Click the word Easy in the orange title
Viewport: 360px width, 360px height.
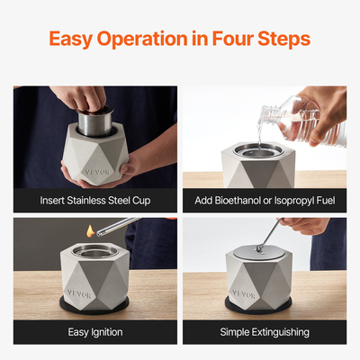click(x=73, y=40)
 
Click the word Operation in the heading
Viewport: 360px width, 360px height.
click(x=149, y=40)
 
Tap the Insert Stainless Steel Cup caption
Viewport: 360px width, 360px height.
click(x=94, y=200)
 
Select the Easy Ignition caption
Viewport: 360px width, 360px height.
click(x=94, y=332)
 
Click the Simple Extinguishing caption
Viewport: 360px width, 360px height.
click(x=265, y=332)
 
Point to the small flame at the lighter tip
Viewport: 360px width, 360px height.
click(x=88, y=233)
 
